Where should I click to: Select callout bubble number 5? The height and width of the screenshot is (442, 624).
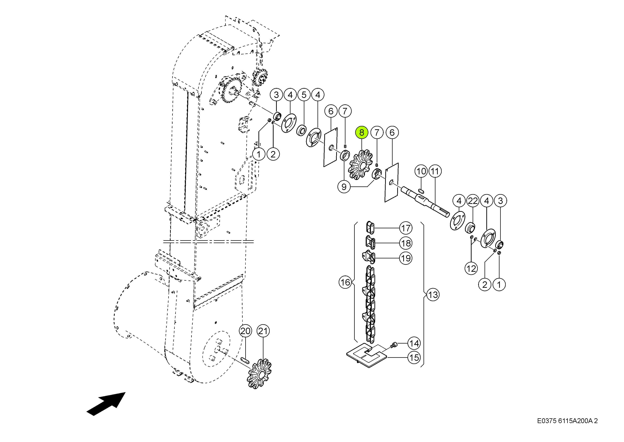[304, 95]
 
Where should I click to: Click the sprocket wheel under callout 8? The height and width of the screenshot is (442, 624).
[360, 165]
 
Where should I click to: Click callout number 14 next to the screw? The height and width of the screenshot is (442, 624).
[414, 344]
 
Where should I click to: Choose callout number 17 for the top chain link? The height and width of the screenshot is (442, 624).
[406, 228]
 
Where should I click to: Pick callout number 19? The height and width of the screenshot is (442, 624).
[406, 258]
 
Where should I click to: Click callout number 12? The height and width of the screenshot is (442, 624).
[471, 269]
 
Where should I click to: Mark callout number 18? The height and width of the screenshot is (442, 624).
[406, 243]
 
